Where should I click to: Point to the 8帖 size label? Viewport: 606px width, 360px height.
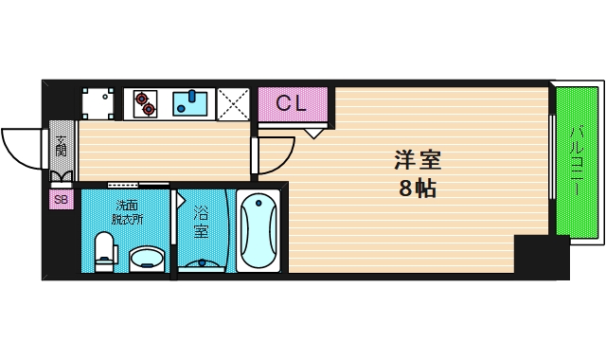coord(417,188)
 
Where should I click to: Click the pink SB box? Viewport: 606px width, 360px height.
coord(61,199)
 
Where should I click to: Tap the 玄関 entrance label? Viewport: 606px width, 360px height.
coord(61,147)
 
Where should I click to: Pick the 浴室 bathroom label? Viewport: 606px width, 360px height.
coord(201,222)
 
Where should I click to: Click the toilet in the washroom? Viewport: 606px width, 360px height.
coord(105,253)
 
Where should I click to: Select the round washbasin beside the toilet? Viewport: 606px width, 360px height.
coord(146,258)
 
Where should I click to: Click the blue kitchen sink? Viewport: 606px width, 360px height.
coord(192,103)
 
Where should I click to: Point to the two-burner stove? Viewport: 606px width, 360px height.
coord(145,103)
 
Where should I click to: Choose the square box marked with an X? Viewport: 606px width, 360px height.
coord(232,103)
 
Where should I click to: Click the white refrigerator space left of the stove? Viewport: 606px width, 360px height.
coord(97,103)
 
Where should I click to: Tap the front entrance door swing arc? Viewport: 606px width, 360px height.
coord(21,147)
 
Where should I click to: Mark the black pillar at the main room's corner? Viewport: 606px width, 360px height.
coord(541,256)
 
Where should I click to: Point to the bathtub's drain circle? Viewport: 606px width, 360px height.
coord(258,204)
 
